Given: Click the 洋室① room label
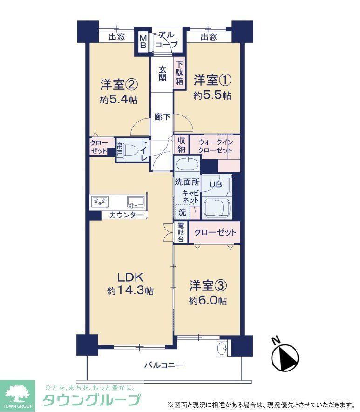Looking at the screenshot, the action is [x=212, y=80].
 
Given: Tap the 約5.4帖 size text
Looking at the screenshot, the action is [x=119, y=100].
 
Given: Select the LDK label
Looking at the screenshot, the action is [x=130, y=277].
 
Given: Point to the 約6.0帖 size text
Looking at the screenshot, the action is [x=208, y=301].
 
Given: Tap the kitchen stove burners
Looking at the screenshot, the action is [x=100, y=202].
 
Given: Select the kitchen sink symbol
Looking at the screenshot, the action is [x=136, y=202].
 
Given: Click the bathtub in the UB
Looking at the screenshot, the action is [x=217, y=208].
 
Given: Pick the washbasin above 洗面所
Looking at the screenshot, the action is [x=187, y=164].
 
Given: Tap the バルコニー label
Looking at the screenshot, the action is [x=164, y=365].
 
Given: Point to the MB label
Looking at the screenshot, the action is [x=143, y=42].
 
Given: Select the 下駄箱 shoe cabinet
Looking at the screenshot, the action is [x=179, y=73].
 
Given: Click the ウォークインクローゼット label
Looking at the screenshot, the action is [x=216, y=146].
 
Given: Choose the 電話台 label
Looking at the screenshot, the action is [x=181, y=232].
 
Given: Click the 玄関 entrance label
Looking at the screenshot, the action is [x=162, y=74].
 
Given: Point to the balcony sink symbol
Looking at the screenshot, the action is [x=223, y=348].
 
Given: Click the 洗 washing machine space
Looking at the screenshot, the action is [x=182, y=212].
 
